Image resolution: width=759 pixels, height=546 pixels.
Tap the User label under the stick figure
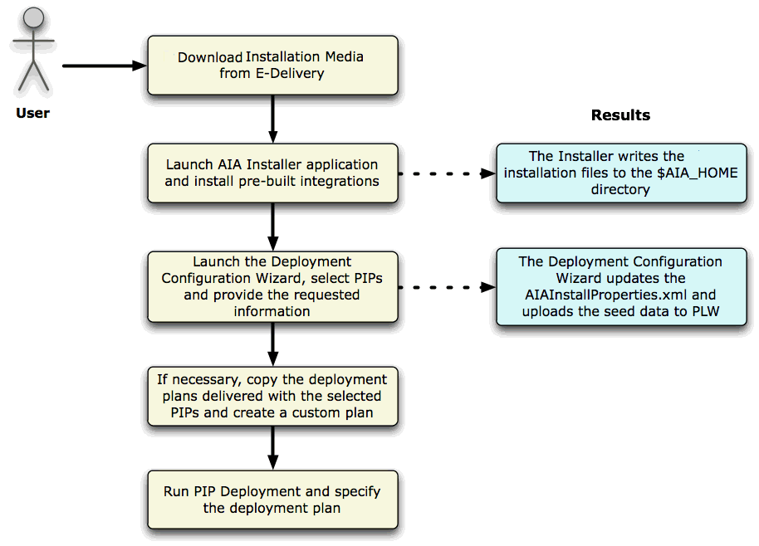click(33, 113)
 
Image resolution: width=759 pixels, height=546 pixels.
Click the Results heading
click(620, 115)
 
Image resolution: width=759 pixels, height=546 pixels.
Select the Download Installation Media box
click(272, 66)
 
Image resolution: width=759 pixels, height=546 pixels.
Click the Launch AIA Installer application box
click(272, 173)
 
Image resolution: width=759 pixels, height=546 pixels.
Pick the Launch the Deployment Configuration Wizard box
click(272, 286)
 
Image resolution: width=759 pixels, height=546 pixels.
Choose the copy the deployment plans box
click(272, 396)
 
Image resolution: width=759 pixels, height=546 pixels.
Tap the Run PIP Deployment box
click(272, 500)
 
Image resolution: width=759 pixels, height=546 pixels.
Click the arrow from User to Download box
click(104, 66)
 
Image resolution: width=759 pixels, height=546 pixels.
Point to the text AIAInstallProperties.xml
click(619, 295)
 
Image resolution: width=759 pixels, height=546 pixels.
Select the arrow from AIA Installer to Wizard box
click(272, 226)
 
